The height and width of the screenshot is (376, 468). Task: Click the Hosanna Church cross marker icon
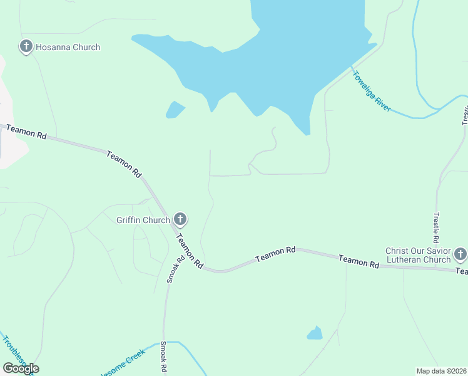pos(26,46)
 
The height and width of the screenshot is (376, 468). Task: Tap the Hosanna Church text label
pos(68,47)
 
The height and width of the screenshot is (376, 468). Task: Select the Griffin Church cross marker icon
pos(180,219)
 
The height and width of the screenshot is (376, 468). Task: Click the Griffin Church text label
pos(143,220)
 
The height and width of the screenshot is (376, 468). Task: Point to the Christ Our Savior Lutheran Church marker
pos(460,254)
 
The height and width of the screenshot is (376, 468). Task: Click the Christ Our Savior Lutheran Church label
pos(418,255)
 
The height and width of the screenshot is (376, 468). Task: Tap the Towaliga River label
pos(372,91)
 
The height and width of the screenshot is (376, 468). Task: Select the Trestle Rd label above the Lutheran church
pos(436,227)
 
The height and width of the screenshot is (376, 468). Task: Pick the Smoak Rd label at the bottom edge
pos(163,357)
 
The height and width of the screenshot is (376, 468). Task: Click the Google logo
pos(21,368)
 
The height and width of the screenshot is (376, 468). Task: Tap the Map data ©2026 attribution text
pos(441,371)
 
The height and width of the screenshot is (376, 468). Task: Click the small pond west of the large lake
pos(175,110)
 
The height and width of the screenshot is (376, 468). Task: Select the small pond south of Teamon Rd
pos(315,333)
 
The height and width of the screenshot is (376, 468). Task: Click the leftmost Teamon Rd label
pos(26,132)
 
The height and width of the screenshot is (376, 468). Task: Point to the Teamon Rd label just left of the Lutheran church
pos(359,261)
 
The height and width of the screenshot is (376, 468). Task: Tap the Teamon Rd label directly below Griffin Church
pos(190,251)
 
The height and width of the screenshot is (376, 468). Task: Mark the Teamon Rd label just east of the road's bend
pos(275,254)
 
